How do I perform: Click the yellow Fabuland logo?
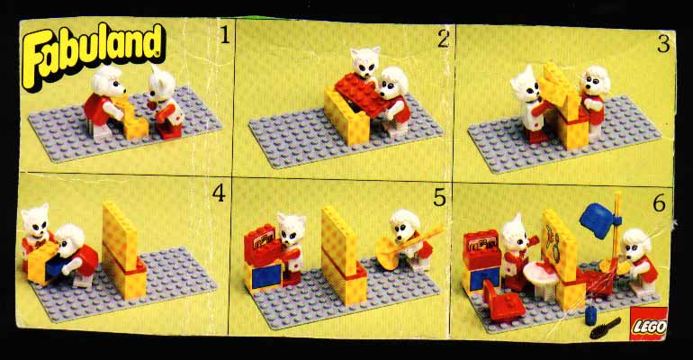[94, 54]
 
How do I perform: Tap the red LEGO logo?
[648, 324]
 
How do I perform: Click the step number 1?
[225, 35]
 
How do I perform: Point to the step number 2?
[444, 40]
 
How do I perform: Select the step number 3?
[663, 44]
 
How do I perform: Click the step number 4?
[219, 193]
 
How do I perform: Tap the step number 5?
[439, 198]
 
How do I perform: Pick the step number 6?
[659, 203]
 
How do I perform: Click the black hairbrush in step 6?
[605, 328]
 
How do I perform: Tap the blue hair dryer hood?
[598, 220]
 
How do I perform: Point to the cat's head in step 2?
[365, 61]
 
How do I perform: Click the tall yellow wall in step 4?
[121, 235]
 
